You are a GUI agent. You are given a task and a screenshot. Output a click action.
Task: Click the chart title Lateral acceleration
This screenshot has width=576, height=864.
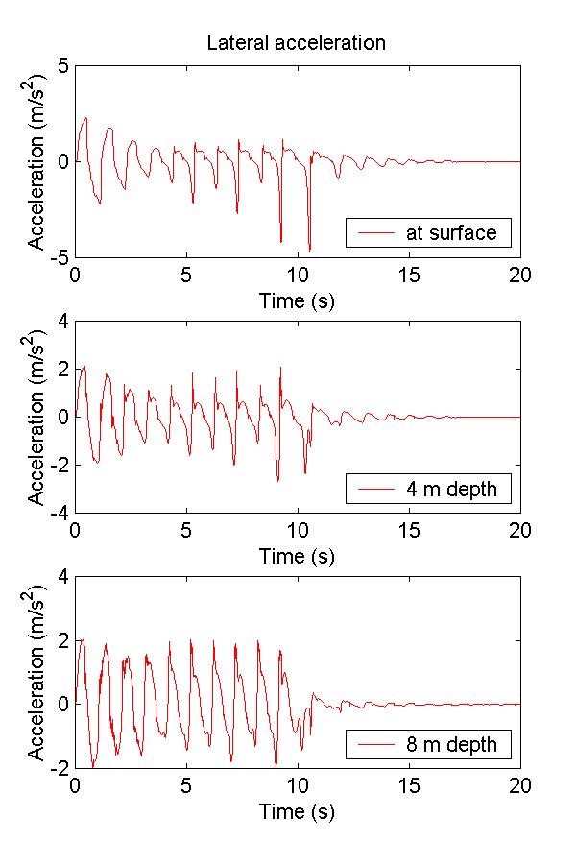(297, 43)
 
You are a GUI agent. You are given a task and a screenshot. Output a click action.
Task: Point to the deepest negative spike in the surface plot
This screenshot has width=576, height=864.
(309, 251)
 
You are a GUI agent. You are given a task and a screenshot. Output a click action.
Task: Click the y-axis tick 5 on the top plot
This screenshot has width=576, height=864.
(62, 65)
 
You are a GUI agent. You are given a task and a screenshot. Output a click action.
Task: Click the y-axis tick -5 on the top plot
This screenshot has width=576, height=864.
(60, 257)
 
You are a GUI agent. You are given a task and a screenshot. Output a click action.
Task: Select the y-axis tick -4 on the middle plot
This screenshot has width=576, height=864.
(60, 513)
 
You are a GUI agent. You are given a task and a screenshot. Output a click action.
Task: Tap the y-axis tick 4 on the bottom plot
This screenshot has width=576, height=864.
(62, 576)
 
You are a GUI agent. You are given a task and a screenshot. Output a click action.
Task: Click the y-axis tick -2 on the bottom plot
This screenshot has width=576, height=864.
(60, 768)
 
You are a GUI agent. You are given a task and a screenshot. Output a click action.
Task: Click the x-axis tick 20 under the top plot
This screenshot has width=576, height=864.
(519, 274)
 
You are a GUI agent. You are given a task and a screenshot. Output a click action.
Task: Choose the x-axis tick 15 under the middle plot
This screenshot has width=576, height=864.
(409, 529)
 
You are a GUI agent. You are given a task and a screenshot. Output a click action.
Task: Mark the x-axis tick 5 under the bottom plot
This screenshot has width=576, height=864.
(186, 784)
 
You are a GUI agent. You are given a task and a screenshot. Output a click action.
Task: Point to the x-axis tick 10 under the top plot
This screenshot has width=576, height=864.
(298, 274)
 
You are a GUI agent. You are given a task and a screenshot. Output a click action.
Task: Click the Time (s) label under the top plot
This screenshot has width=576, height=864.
(297, 300)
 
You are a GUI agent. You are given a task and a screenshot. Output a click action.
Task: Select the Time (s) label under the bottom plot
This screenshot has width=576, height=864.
(297, 811)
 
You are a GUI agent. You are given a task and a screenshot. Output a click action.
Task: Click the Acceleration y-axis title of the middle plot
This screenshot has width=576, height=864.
(36, 417)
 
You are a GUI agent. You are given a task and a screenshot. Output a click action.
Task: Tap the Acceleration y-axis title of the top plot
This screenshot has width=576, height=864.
(36, 161)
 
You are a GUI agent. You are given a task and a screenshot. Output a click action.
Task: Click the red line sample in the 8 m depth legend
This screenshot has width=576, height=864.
(374, 744)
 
